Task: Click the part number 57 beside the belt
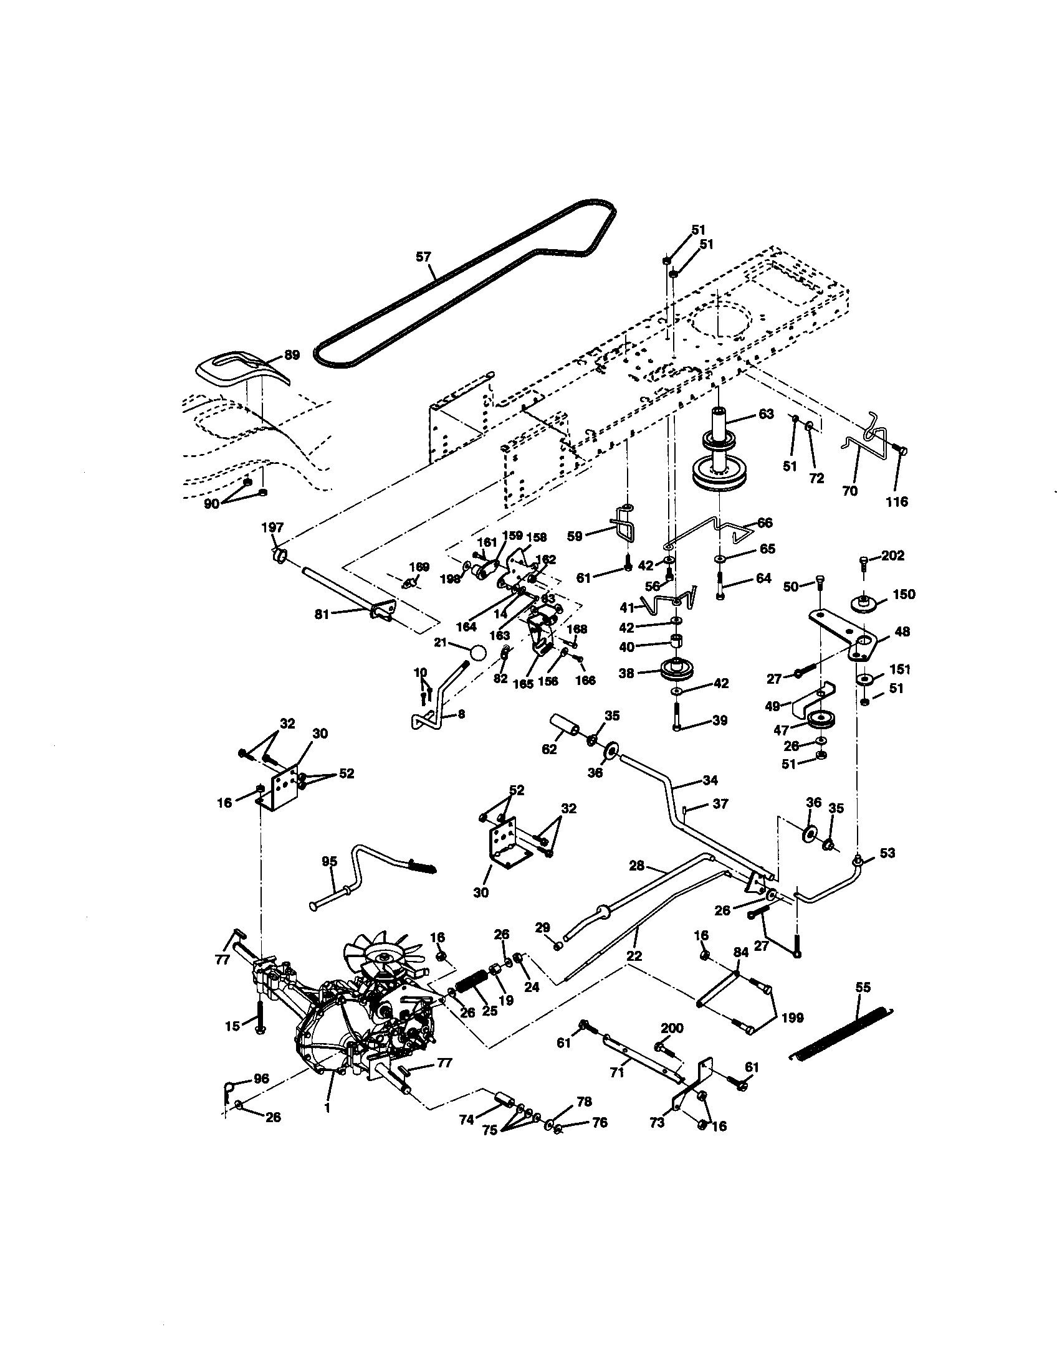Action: pyautogui.click(x=424, y=256)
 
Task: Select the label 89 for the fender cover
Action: pyautogui.click(x=292, y=354)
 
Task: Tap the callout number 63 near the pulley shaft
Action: pyautogui.click(x=767, y=414)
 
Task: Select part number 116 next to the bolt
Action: pyautogui.click(x=897, y=501)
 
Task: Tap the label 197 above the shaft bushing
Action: pyautogui.click(x=273, y=527)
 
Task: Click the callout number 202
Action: pyautogui.click(x=893, y=555)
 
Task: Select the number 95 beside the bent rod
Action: pyautogui.click(x=329, y=861)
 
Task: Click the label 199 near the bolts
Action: pyautogui.click(x=792, y=1018)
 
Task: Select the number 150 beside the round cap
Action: pyautogui.click(x=903, y=594)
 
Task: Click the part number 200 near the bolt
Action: pyautogui.click(x=672, y=1027)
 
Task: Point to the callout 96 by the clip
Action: pyautogui.click(x=261, y=1079)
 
